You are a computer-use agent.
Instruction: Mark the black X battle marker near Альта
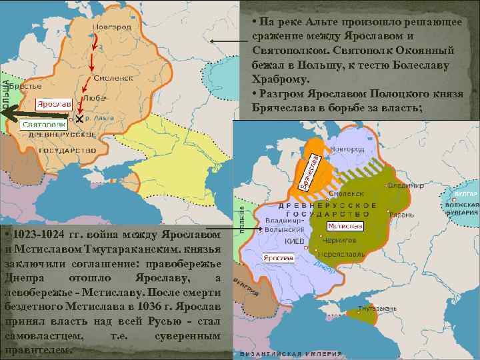79,118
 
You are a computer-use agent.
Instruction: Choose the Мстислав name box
345,226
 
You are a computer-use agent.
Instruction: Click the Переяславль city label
343,254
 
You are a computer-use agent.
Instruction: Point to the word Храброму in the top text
279,78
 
